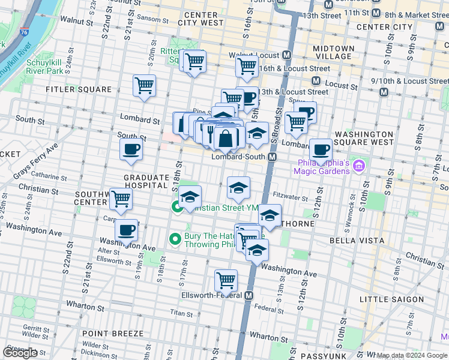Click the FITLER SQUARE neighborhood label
point(79,89)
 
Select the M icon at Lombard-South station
point(272,157)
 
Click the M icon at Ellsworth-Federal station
point(249,296)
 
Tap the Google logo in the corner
point(20,353)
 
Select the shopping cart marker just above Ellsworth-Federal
point(226,280)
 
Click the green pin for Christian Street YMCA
point(178,208)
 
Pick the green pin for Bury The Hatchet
point(175,239)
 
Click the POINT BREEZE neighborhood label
point(113,333)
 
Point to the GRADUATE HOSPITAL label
point(146,182)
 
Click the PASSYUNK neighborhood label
point(324,356)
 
